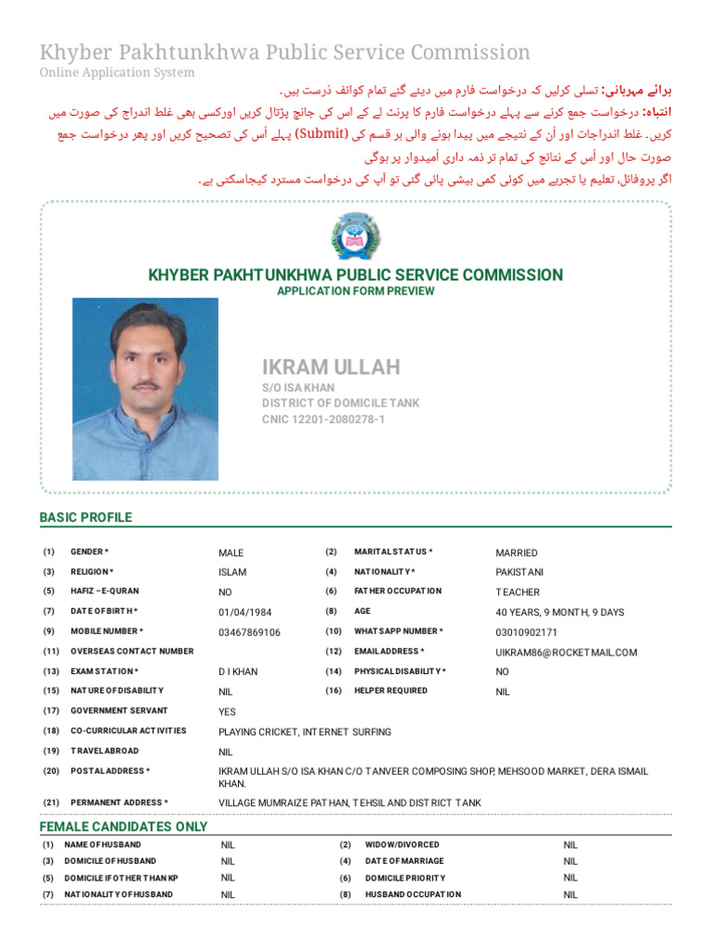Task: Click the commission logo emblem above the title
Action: tap(355, 236)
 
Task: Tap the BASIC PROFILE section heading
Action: tap(85, 518)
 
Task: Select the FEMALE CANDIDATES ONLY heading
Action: tap(123, 826)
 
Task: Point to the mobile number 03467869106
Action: tap(249, 632)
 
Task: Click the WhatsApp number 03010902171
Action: tap(527, 632)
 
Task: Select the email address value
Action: tap(567, 653)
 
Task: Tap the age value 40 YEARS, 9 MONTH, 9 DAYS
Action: tap(559, 612)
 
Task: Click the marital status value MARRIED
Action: tap(518, 553)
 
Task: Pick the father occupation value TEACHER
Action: tap(518, 592)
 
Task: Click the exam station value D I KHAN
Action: tap(238, 671)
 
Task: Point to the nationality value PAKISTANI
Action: tap(519, 572)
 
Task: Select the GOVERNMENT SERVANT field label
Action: tap(118, 711)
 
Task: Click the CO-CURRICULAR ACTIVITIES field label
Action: tap(128, 730)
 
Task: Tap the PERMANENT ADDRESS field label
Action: tap(118, 802)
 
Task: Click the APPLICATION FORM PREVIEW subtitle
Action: tap(355, 291)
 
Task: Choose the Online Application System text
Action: tap(117, 72)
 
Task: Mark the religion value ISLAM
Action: tap(232, 572)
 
